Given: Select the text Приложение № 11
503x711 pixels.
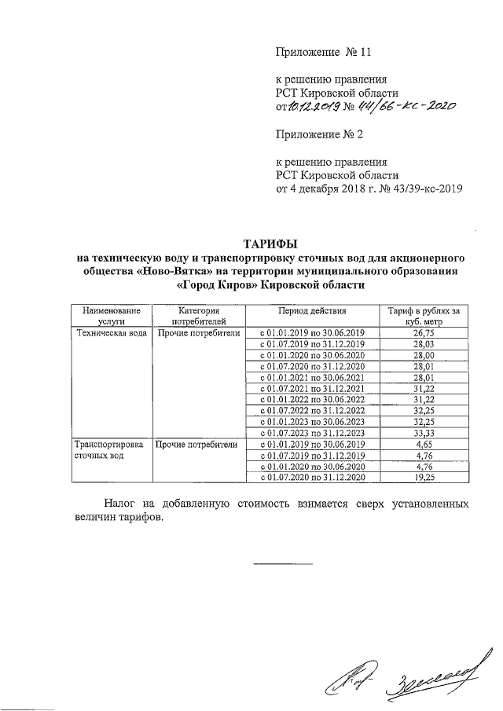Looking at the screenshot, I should pos(321,53).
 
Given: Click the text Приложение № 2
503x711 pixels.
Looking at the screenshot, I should pos(318,134).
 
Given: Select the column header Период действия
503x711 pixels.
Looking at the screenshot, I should pos(312,311).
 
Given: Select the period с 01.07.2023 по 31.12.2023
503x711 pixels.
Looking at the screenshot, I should pos(312,433).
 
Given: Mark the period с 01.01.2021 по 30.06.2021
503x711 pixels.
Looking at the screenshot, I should pos(312,377).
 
